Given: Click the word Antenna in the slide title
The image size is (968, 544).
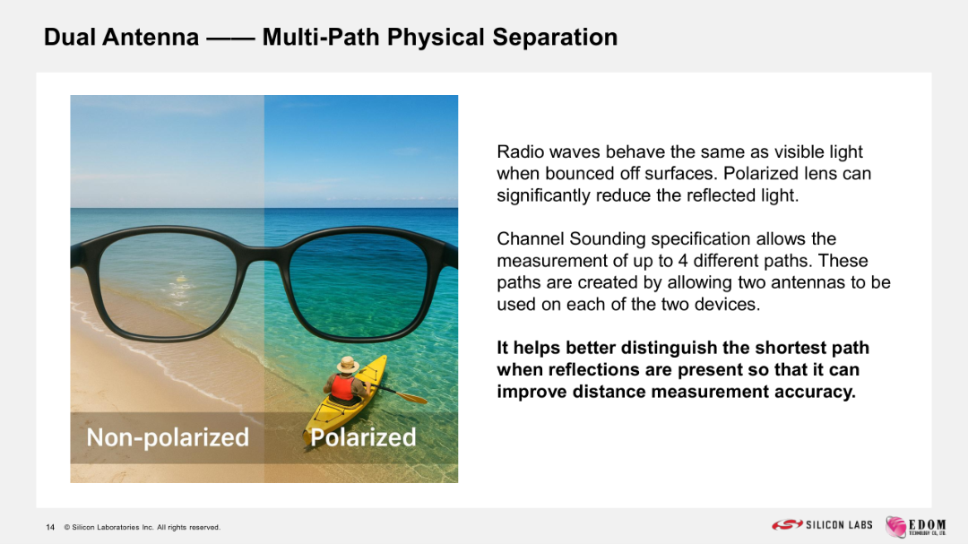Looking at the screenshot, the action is [x=151, y=37].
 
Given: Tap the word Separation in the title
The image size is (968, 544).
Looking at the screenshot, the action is [x=555, y=37].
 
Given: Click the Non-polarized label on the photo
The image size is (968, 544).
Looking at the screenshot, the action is [x=168, y=437].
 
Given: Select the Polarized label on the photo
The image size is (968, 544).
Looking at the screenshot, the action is [x=363, y=437].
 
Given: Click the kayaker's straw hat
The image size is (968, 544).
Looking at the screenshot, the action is [x=348, y=365].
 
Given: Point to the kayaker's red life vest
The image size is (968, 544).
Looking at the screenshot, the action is [x=342, y=388].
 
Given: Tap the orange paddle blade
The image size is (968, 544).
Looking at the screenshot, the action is [x=415, y=397].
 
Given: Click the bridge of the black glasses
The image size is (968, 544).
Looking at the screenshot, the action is [x=264, y=253].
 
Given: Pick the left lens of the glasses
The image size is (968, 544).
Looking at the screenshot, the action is [x=168, y=285].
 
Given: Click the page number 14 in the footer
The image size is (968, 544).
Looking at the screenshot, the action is [x=50, y=527].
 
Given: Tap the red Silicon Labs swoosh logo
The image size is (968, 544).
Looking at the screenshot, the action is [x=787, y=525].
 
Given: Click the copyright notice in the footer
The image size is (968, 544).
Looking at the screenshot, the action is [x=142, y=527].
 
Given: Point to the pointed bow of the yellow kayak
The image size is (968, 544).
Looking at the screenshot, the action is [x=384, y=358].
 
